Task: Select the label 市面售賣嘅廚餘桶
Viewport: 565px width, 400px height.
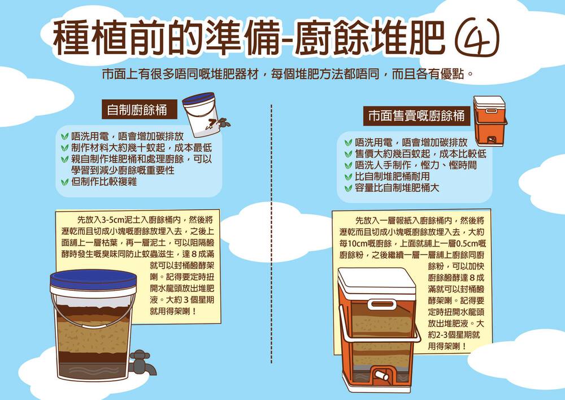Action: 416,116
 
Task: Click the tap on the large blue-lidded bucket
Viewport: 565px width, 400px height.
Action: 143,362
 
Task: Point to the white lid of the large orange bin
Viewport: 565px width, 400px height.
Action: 376,283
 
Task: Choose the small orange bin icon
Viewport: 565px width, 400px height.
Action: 490,121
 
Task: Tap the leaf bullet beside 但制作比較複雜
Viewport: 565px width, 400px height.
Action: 64,182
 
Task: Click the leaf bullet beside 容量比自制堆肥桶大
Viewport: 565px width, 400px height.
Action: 348,188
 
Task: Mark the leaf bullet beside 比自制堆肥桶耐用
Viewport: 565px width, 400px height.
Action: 348,177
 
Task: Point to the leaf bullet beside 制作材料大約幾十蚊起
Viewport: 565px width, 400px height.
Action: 64,148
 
